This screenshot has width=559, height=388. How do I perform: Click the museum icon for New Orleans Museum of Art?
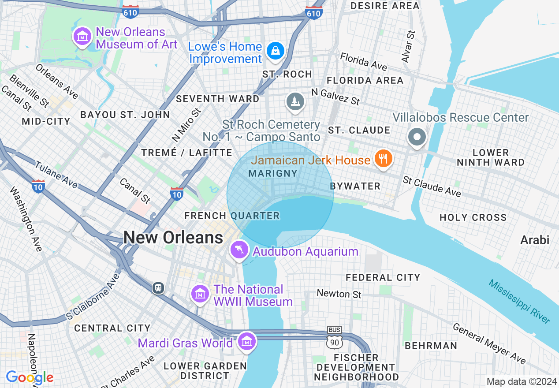[x=82, y=37]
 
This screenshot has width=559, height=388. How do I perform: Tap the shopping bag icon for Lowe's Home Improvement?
[x=276, y=51]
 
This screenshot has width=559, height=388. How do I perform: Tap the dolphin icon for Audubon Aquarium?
[x=239, y=250]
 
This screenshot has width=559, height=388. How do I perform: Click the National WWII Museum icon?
[x=200, y=293]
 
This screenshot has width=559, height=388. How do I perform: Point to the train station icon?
[x=158, y=288]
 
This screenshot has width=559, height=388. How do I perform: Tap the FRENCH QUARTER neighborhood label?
[x=232, y=216]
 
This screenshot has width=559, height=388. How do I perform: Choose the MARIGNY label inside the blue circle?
[x=273, y=173]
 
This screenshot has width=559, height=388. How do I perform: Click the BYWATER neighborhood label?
[x=355, y=186]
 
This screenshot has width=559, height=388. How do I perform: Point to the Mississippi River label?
[x=519, y=302]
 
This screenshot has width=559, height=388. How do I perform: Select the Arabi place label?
[x=535, y=240]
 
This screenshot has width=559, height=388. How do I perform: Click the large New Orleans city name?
[x=173, y=238]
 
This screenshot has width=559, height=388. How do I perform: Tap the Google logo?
[x=30, y=377]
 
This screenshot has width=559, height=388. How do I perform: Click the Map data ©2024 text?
[x=522, y=381]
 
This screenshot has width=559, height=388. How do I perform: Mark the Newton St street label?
[x=339, y=294]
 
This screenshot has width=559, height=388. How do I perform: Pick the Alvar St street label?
[x=408, y=46]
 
